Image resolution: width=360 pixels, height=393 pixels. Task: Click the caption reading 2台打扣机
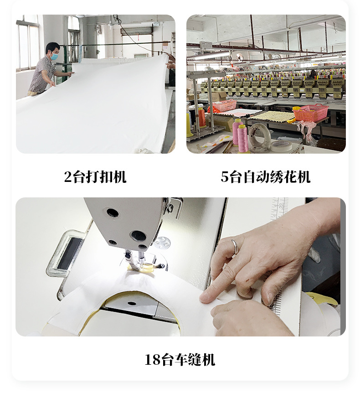pos(95,177)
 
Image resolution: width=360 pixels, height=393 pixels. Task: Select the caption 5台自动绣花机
pos(266,177)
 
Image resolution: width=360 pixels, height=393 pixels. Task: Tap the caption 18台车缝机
pos(180,360)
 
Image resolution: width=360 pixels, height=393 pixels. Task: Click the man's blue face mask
pos(54,57)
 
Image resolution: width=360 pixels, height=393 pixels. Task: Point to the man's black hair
pos(52,47)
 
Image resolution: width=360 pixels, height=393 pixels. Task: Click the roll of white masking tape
pos(281,146)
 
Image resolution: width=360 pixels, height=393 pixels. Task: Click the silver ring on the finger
pos(235,247)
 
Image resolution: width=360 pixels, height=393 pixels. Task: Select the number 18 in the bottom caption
pos(151,360)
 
